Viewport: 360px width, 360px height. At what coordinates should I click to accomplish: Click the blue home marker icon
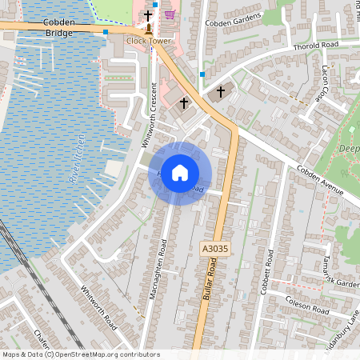[x=180, y=173]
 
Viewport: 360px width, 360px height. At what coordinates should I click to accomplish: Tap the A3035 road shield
[x=214, y=250]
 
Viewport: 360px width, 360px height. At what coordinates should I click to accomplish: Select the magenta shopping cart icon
[x=170, y=14]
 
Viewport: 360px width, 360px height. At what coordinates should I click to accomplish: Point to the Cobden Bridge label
[x=59, y=28]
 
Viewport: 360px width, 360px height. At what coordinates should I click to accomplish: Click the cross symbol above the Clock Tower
[x=148, y=15]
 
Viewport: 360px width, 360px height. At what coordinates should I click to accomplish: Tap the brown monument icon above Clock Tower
[x=148, y=29]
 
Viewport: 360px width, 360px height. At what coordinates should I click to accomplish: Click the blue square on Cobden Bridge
[x=106, y=32]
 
